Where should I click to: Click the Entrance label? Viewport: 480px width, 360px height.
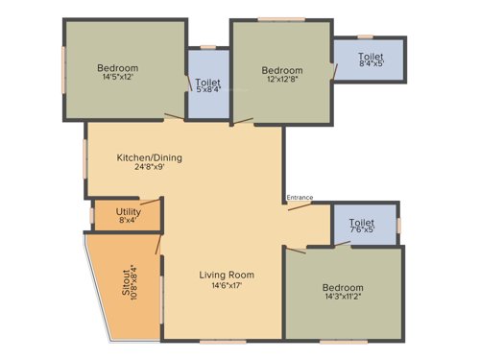click(300, 198)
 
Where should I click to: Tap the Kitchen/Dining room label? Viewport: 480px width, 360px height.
click(150, 157)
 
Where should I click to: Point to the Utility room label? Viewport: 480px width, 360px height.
click(128, 211)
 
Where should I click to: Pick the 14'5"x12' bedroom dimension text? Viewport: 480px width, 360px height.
click(118, 79)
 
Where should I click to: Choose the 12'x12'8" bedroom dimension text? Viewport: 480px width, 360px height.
click(282, 81)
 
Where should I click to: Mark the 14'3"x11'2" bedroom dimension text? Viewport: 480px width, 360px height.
click(343, 299)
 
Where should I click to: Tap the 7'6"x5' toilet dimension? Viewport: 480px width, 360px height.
click(362, 229)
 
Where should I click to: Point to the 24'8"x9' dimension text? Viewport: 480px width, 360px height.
click(150, 168)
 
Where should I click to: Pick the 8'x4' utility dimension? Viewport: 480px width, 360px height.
click(128, 220)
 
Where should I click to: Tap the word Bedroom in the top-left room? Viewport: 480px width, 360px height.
click(118, 68)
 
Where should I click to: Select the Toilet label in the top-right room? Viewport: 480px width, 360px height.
click(371, 57)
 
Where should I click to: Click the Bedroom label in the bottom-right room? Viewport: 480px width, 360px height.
click(343, 288)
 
